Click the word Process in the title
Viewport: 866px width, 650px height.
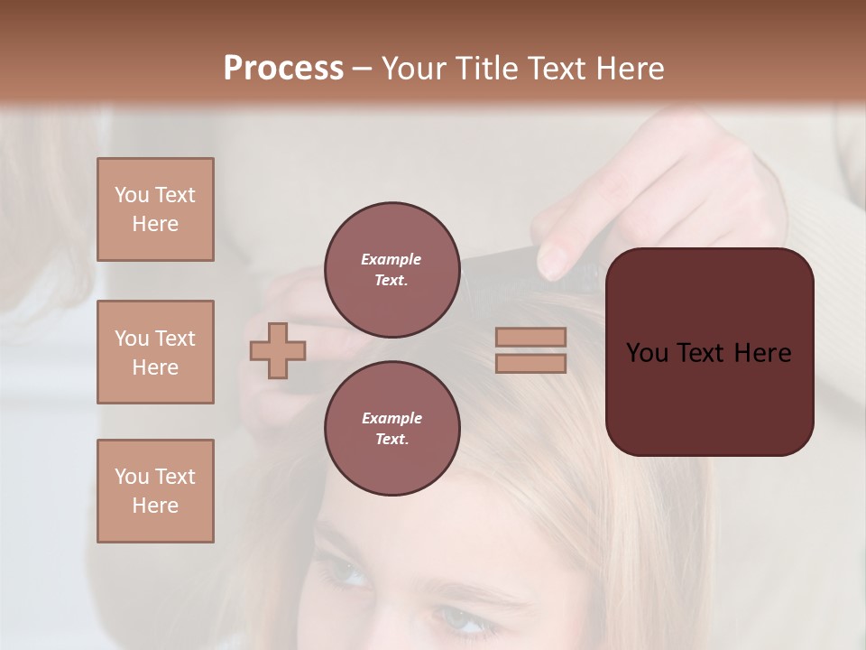283,69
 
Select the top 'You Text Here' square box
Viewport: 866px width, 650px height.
155,209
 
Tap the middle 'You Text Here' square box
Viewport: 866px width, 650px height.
155,352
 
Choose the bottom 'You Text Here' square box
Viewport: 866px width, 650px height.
155,491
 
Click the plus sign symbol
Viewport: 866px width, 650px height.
278,350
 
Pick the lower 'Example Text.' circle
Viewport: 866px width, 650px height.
392,428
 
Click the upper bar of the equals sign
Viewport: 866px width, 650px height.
530,338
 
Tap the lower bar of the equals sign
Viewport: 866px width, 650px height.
530,363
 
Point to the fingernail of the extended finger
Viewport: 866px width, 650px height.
551,262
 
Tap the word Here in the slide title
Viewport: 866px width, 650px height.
631,69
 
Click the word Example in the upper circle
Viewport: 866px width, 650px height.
392,259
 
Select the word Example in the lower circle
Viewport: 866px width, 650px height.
392,418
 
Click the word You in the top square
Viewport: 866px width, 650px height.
131,195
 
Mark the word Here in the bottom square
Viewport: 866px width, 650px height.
155,506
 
